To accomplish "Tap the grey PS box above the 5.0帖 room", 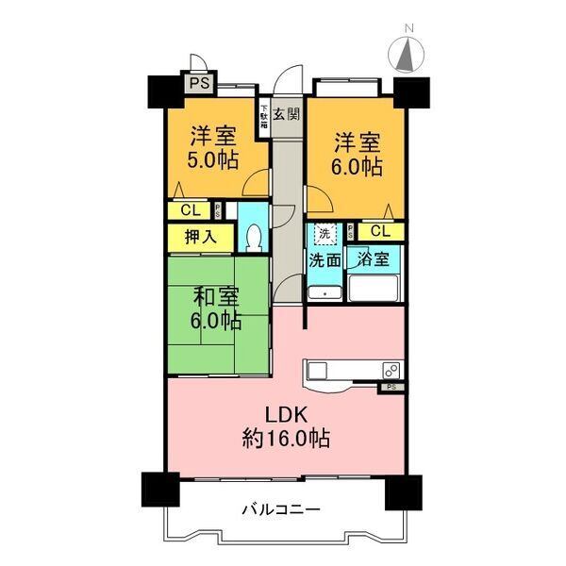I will [x=198, y=84].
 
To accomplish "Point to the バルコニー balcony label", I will [x=281, y=509].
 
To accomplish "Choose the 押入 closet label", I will [x=200, y=236].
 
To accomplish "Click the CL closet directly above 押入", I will [x=190, y=210].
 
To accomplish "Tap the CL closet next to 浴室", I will [x=380, y=231].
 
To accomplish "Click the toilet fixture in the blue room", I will [x=251, y=237].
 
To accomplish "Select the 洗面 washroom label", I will [x=325, y=260].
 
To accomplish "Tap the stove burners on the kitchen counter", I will [x=391, y=369].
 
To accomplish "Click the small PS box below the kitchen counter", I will [x=391, y=387].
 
